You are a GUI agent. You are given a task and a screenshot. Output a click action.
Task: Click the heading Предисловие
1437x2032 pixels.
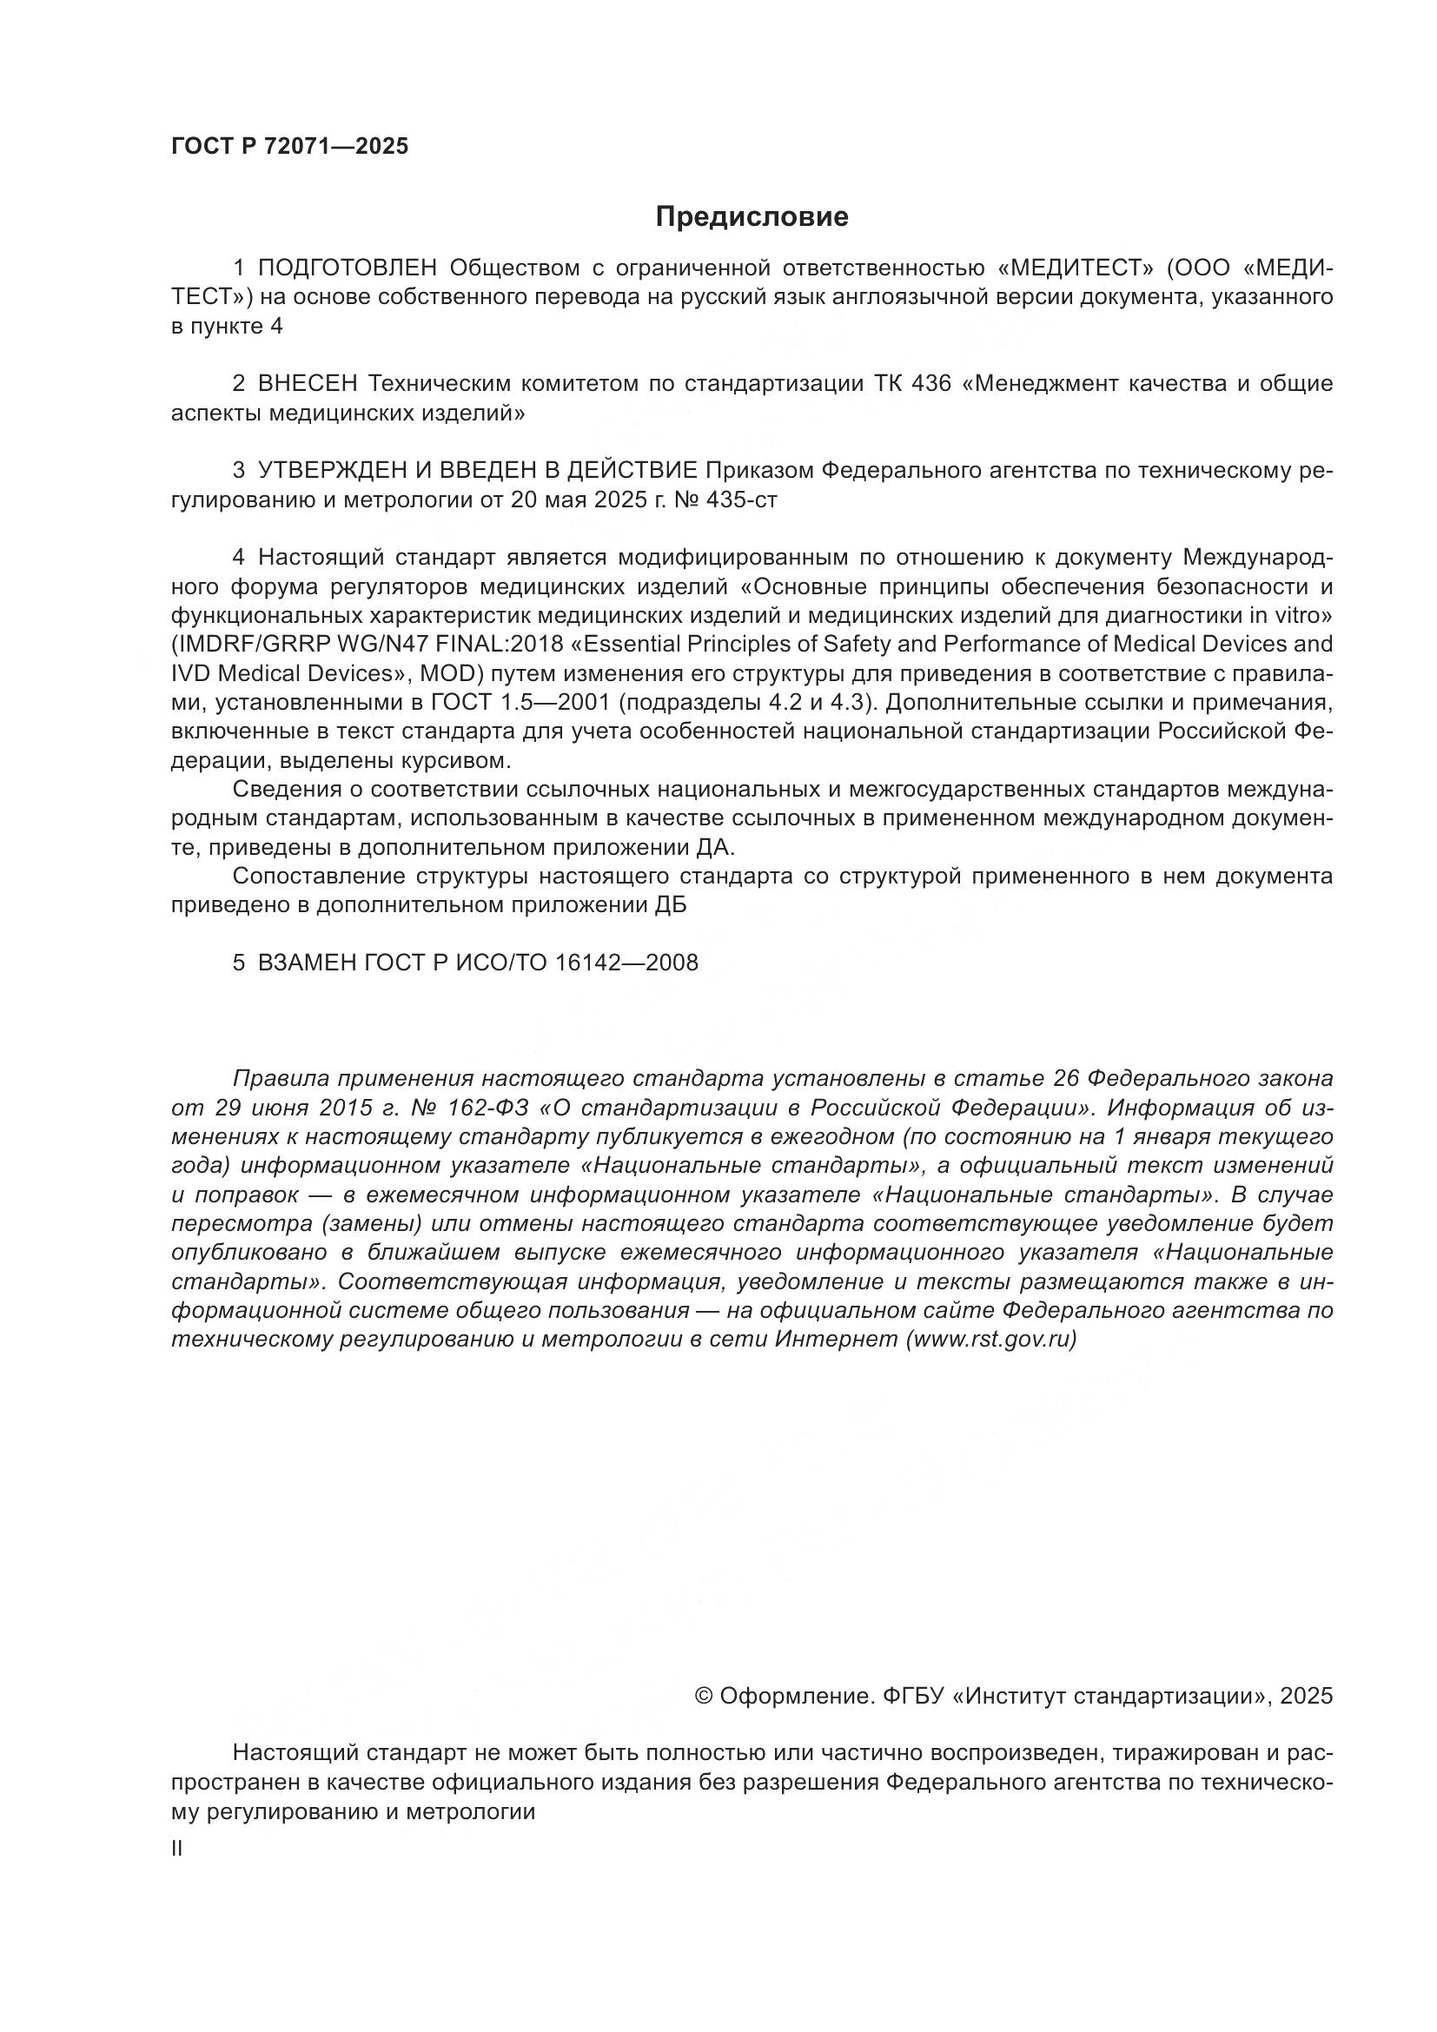[x=752, y=217]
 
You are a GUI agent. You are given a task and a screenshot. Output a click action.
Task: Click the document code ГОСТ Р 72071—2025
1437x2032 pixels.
[x=289, y=147]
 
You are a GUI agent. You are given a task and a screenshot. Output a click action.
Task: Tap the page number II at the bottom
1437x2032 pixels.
[x=177, y=1849]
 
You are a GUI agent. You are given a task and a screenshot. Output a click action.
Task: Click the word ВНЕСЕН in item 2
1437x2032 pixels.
[x=307, y=383]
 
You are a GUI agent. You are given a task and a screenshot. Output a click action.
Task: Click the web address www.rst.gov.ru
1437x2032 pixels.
[x=991, y=1339]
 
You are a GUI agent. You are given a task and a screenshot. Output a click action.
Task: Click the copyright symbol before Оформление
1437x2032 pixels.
[x=705, y=1696]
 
